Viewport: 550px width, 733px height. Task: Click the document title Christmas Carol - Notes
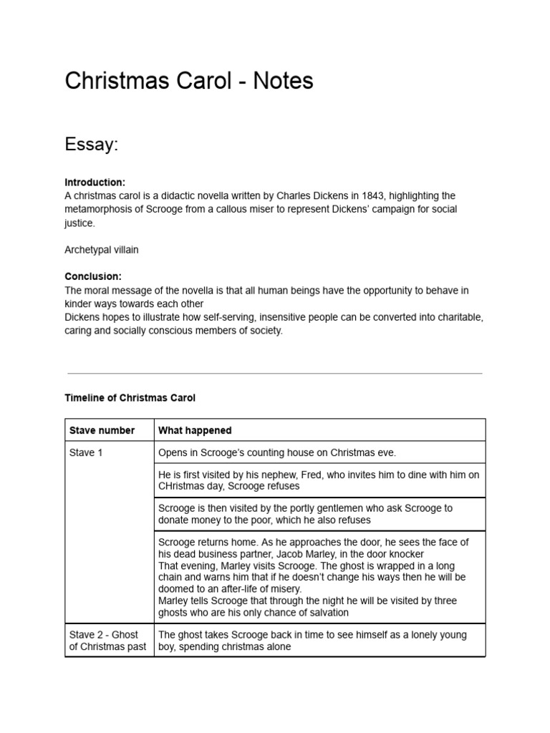pos(189,81)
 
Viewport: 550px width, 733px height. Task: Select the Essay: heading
pos(91,145)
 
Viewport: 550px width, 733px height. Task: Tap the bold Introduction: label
pos(95,183)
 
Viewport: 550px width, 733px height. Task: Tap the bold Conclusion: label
pos(93,276)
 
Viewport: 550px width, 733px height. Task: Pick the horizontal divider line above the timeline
pos(274,373)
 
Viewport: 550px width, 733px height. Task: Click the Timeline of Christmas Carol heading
pos(130,397)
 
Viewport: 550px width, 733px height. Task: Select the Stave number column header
pos(102,430)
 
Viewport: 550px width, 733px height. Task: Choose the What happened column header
pos(195,430)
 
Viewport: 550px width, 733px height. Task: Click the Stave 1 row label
pos(86,452)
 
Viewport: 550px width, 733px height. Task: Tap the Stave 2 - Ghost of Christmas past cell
pos(108,641)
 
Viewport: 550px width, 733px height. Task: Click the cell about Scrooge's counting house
pos(276,452)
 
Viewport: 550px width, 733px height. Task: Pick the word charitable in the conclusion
pos(460,317)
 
